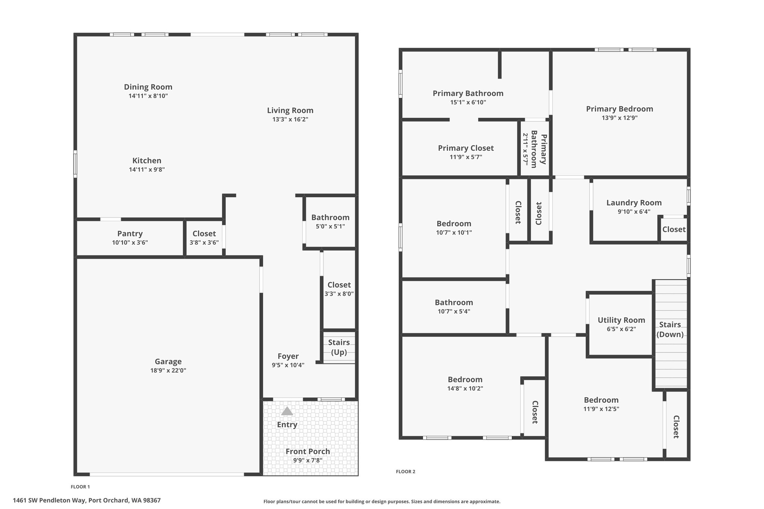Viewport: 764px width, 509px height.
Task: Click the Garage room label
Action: pyautogui.click(x=168, y=361)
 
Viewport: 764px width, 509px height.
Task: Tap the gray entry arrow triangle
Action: pyautogui.click(x=287, y=411)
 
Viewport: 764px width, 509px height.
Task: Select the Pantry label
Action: pyautogui.click(x=130, y=233)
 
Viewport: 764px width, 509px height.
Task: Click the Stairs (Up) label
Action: pyautogui.click(x=339, y=347)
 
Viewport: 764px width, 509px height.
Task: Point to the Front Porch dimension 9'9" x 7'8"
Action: pyautogui.click(x=308, y=461)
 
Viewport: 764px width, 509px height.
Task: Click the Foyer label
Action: pyautogui.click(x=288, y=356)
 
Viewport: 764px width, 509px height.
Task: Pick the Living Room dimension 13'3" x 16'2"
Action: pyautogui.click(x=290, y=119)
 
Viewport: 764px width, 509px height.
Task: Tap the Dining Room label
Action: pyautogui.click(x=148, y=87)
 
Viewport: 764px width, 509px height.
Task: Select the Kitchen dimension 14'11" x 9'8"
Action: pyautogui.click(x=147, y=170)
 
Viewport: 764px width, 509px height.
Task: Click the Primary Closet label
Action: pyautogui.click(x=466, y=148)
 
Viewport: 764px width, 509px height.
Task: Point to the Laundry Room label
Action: pyautogui.click(x=634, y=202)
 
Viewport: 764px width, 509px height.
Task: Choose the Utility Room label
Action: pyautogui.click(x=621, y=320)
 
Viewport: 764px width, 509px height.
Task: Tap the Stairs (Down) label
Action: pyautogui.click(x=670, y=329)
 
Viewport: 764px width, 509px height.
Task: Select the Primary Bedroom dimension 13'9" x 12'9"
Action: pyautogui.click(x=620, y=118)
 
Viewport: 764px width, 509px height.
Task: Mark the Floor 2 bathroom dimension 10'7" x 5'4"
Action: pyautogui.click(x=454, y=311)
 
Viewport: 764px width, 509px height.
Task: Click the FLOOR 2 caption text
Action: pyautogui.click(x=406, y=471)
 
